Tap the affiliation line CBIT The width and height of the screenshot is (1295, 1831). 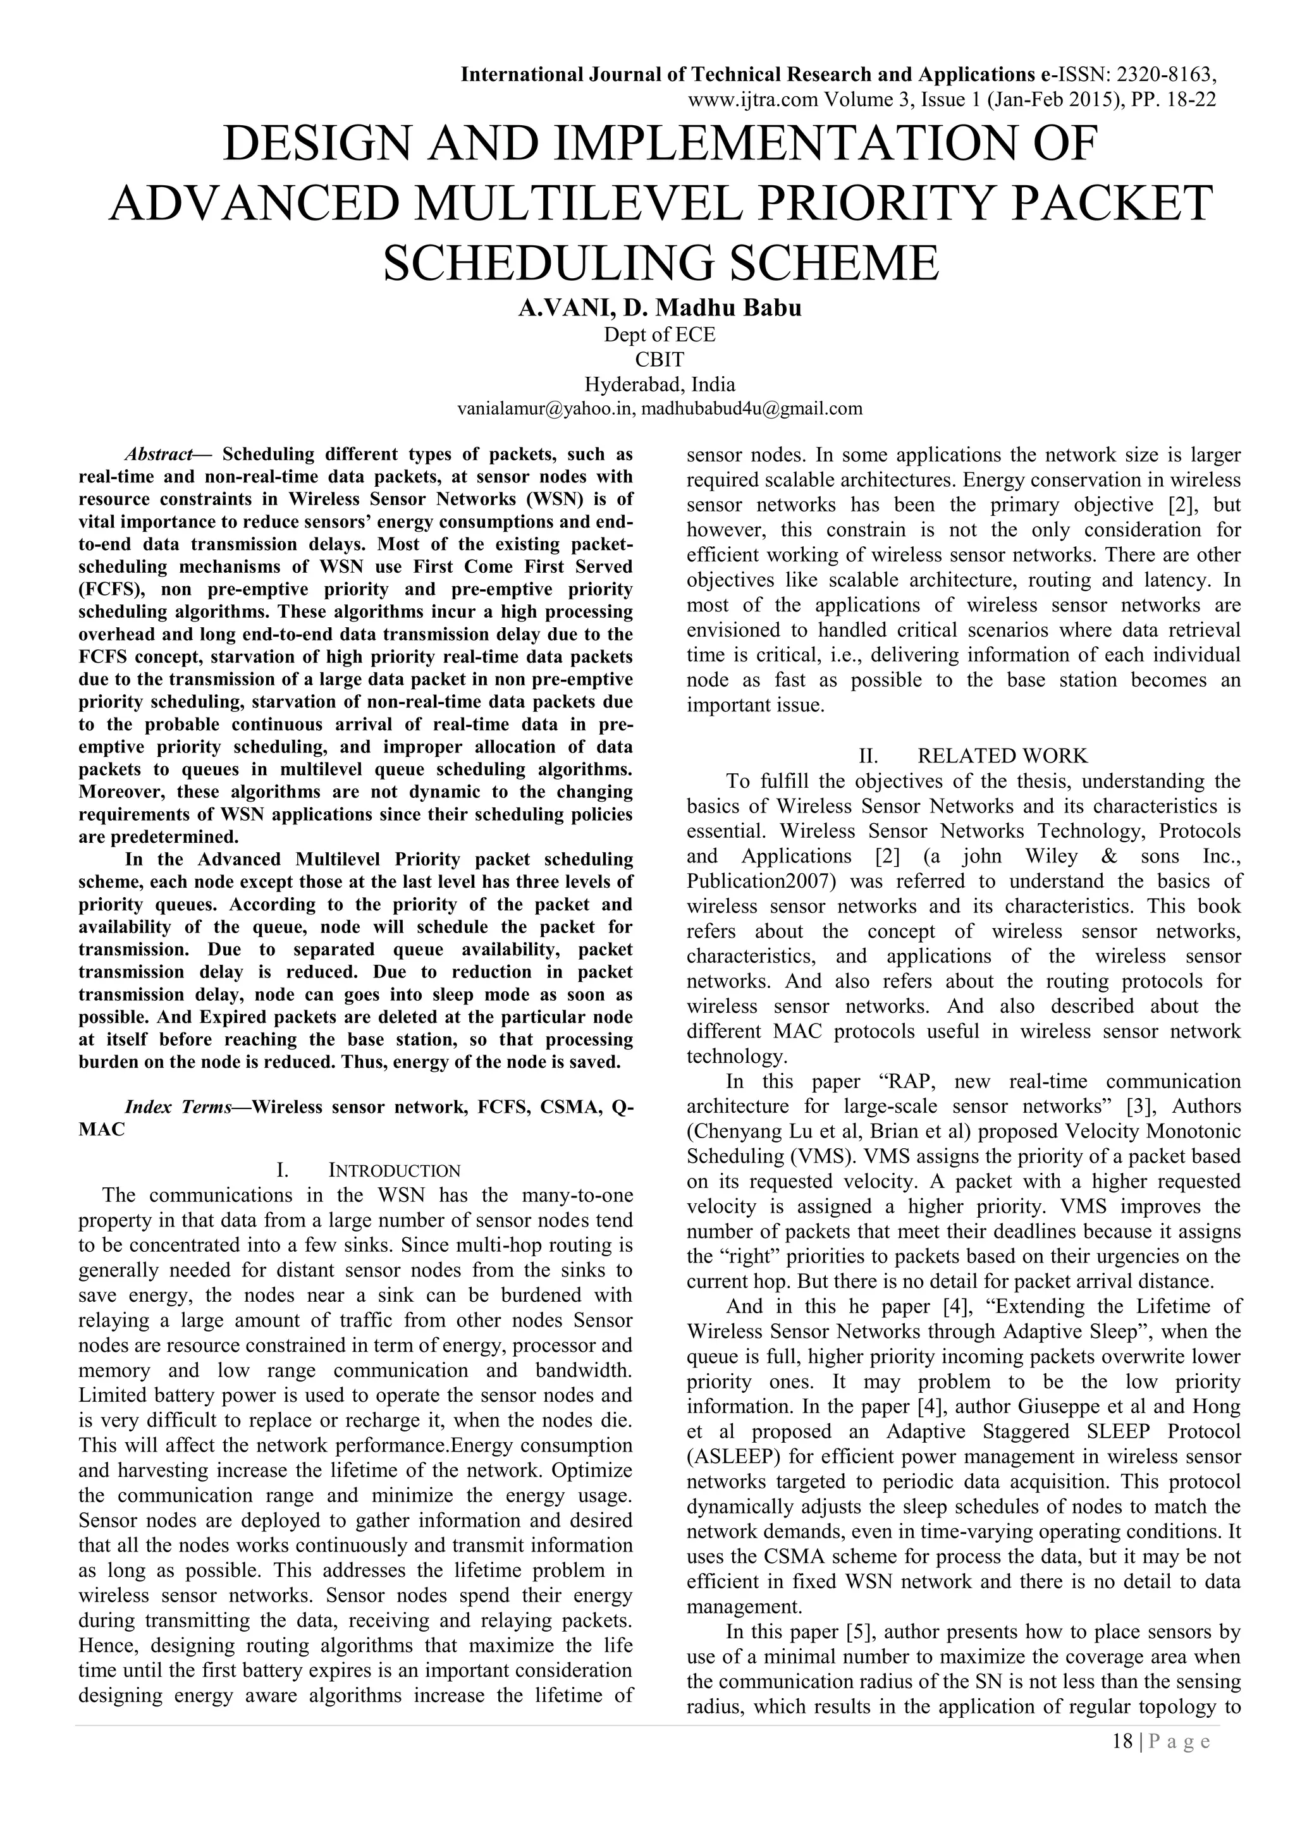(x=660, y=359)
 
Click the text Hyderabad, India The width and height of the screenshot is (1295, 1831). (x=660, y=384)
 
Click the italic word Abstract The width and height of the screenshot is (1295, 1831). (x=158, y=455)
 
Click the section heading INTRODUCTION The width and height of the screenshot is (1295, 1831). (x=395, y=1171)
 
